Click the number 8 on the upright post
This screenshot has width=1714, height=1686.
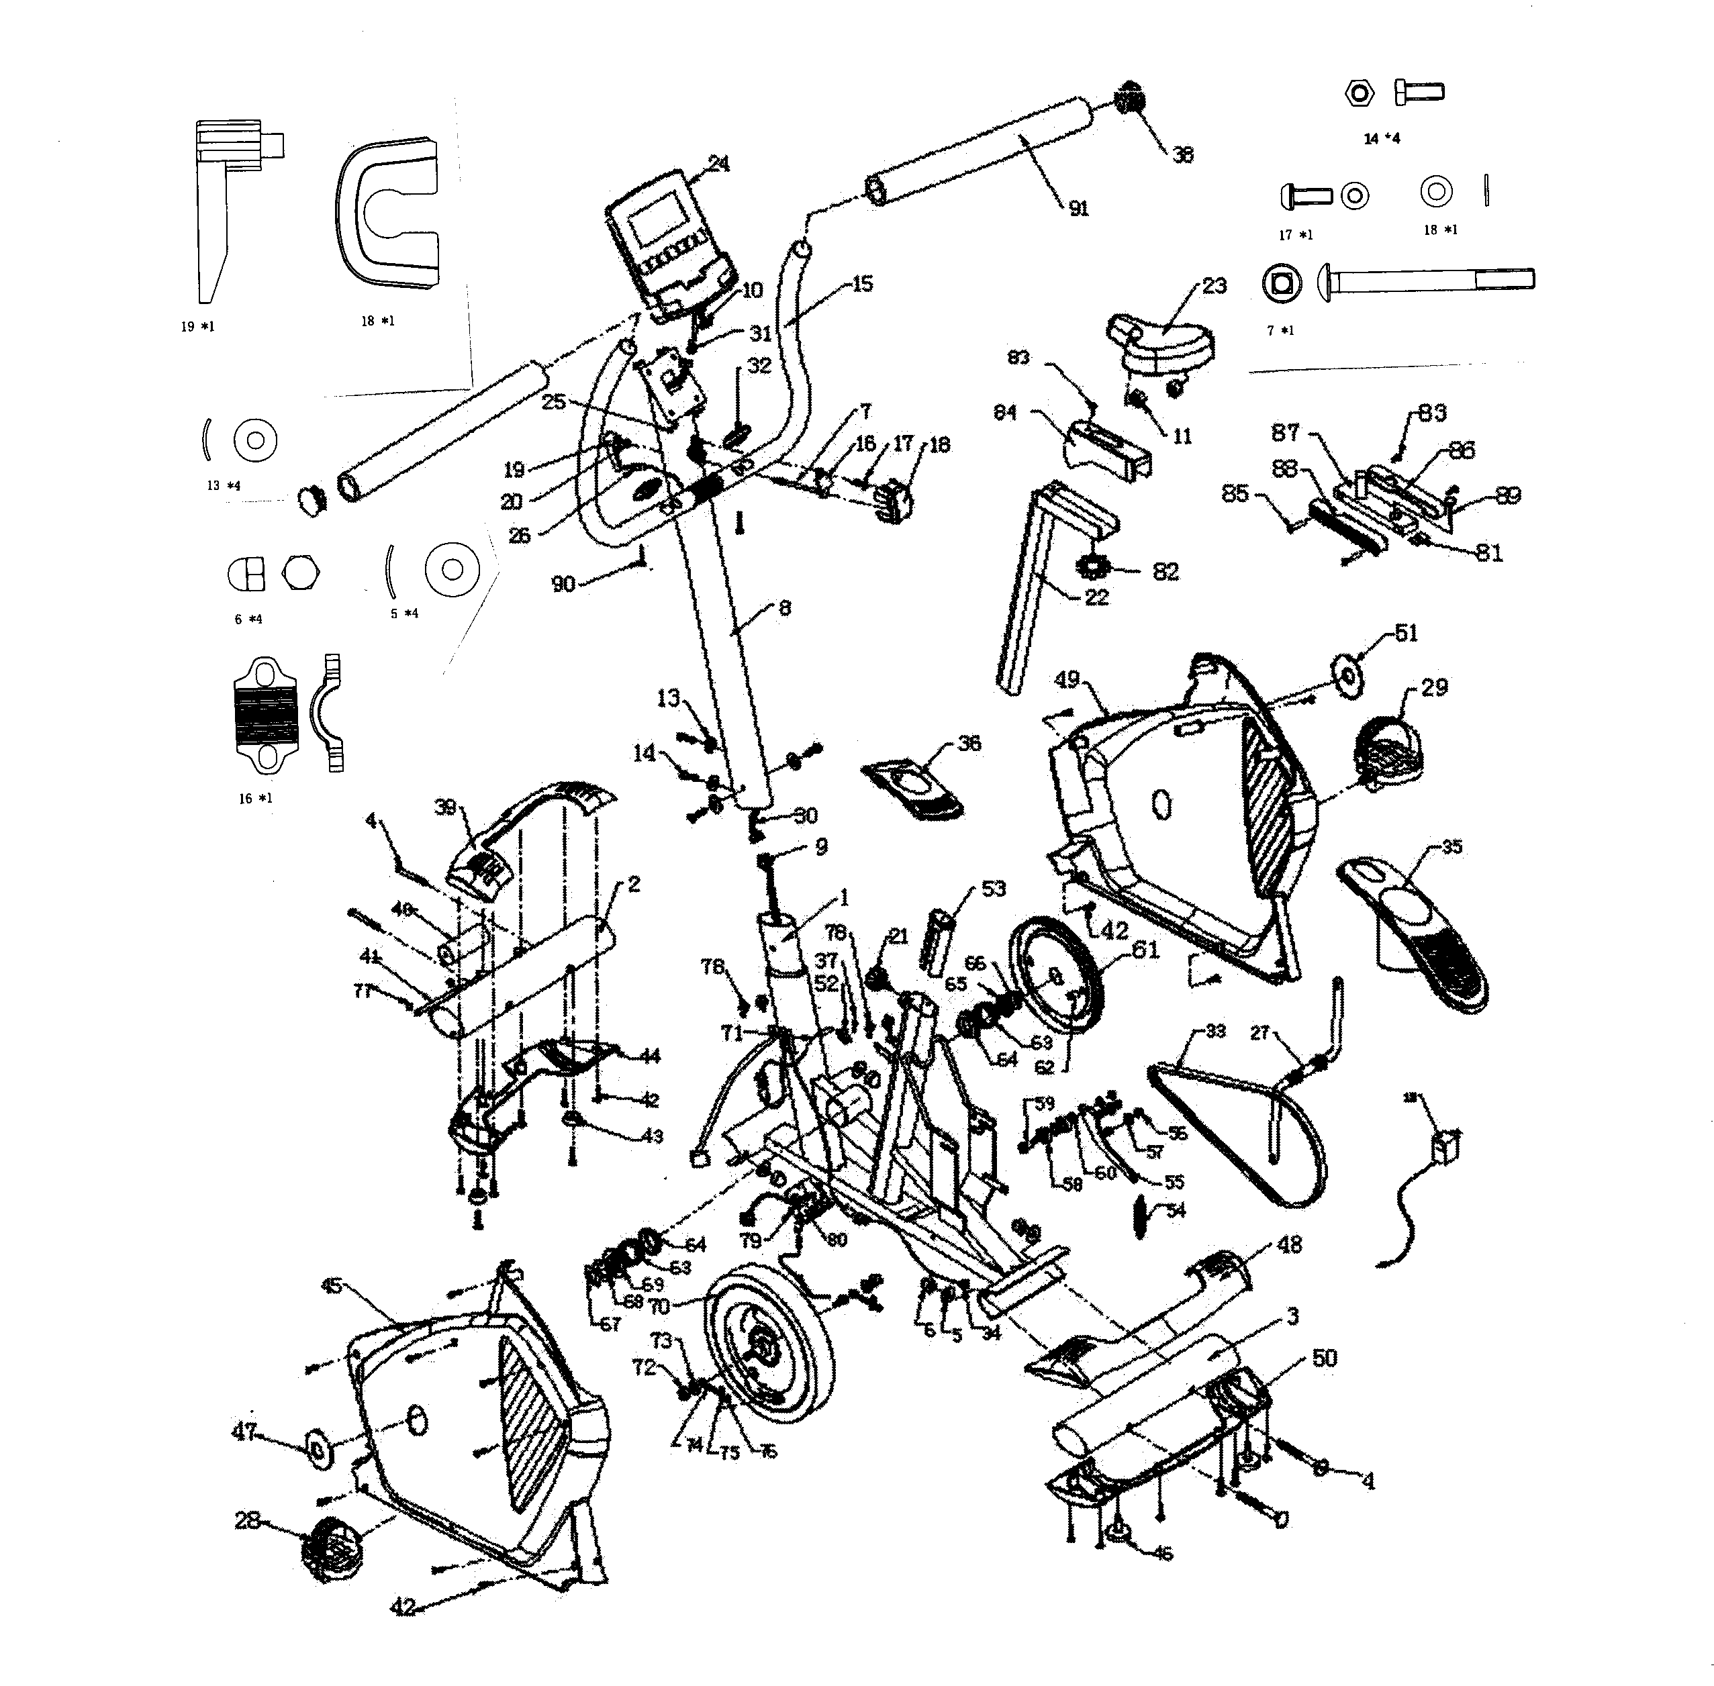point(784,608)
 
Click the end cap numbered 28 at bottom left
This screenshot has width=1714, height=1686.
point(331,1550)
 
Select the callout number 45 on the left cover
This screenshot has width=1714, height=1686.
point(331,1287)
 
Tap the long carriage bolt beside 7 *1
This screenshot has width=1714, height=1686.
point(1426,281)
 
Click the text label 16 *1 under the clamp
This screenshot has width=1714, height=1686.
point(255,799)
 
